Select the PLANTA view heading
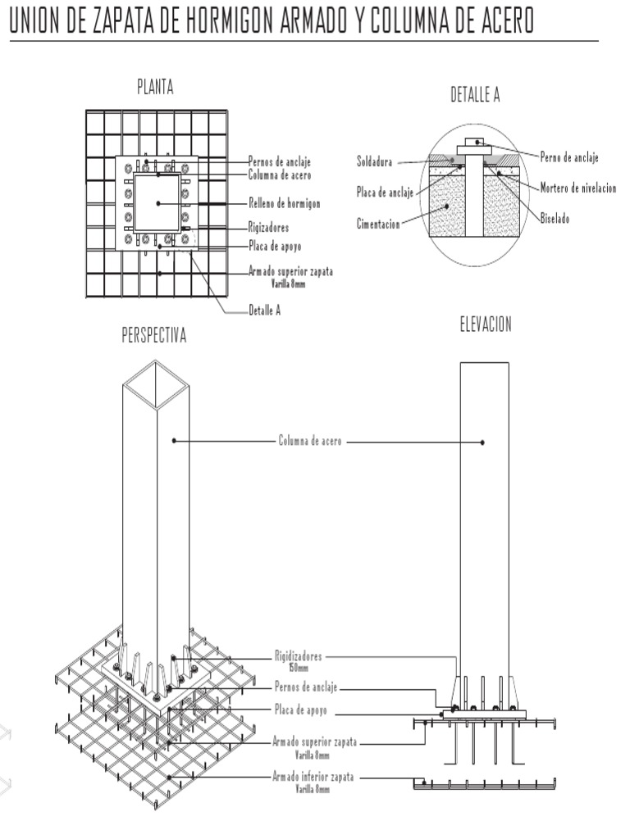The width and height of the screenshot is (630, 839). coord(155,87)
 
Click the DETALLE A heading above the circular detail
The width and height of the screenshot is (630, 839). coord(475,94)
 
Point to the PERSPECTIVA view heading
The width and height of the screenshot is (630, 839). coord(154,335)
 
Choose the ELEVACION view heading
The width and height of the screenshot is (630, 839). coord(486,324)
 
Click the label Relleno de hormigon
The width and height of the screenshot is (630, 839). coord(285,203)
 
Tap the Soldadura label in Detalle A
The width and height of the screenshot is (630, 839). coord(374,161)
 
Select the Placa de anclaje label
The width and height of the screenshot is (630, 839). coord(386,192)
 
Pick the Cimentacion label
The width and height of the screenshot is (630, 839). coord(378,224)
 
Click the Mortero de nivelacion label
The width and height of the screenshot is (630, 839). coord(578,188)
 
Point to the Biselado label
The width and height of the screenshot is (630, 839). coord(555,218)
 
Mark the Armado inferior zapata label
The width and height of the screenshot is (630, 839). coord(313,777)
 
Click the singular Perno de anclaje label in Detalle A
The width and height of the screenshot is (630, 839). coord(569,157)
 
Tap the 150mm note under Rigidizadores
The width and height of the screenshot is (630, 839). coord(299,668)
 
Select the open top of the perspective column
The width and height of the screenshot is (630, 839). coord(156,385)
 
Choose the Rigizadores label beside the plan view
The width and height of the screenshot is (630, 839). coord(268,228)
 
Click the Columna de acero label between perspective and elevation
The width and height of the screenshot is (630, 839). coord(310,440)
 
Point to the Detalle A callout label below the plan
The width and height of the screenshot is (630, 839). coord(265,311)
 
